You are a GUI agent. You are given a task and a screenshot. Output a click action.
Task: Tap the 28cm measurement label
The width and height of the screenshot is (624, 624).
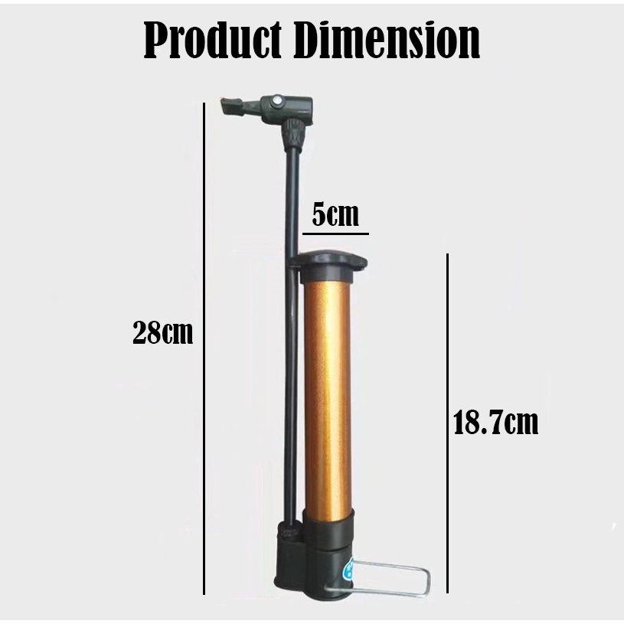coord(162,333)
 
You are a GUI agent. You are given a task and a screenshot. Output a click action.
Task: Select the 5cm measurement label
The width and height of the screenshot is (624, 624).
coord(335,214)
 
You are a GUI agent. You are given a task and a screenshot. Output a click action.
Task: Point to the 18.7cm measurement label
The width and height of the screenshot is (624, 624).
coord(495,422)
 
